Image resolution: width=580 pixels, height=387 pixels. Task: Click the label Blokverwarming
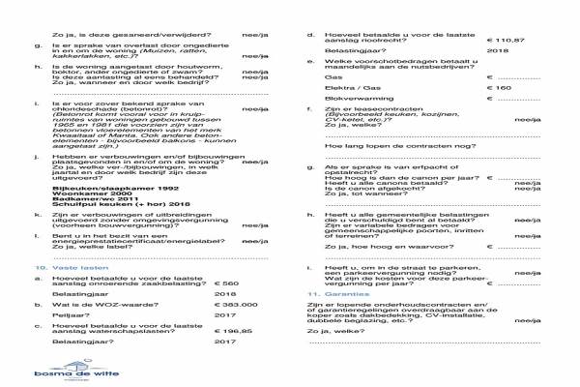(x=356, y=100)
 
